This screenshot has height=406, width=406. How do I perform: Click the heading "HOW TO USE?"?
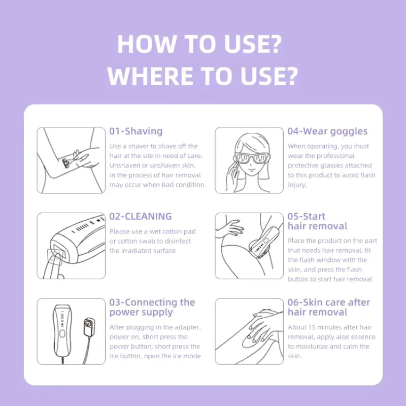199,45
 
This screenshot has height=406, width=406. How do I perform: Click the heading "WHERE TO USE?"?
202,76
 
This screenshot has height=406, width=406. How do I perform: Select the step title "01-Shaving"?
136,131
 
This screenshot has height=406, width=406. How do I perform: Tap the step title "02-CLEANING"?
141,217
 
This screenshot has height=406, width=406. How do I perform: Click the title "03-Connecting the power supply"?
152,307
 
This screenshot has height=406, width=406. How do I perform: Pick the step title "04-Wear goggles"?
327,131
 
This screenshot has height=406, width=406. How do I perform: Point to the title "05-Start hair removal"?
317,221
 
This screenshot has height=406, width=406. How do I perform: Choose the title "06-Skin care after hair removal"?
329,307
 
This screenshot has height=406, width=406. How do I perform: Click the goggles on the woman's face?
251,159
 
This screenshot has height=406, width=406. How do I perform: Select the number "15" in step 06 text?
315,327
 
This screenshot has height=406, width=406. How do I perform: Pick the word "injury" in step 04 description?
297,185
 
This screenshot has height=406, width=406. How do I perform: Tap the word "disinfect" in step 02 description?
181,241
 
